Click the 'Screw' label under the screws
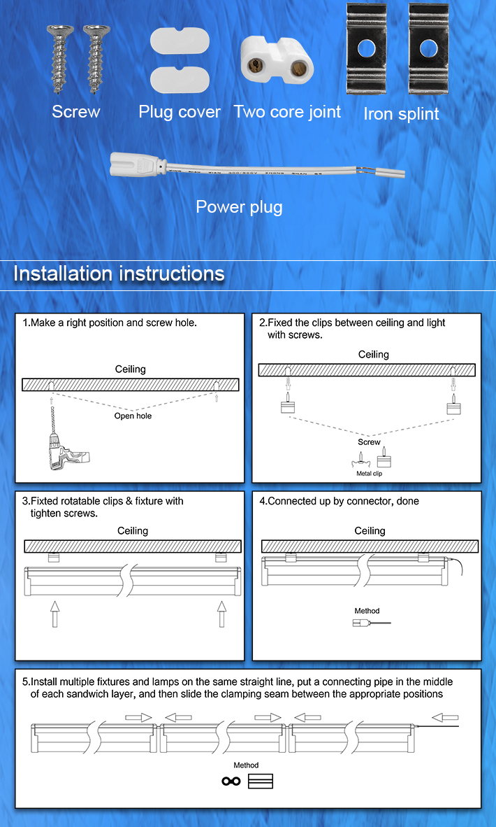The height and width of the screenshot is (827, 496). click(75, 112)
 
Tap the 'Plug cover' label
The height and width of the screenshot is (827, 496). click(180, 112)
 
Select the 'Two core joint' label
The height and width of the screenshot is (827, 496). click(287, 112)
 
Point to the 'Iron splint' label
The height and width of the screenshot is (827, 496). click(401, 114)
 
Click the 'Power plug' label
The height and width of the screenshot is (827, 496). click(239, 207)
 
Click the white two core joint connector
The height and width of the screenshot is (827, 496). click(276, 59)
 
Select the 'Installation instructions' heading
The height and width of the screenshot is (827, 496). click(119, 274)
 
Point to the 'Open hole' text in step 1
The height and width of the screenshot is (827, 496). click(133, 416)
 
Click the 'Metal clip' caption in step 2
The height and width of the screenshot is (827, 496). click(370, 474)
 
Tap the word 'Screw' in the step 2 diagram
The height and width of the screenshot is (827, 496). click(369, 442)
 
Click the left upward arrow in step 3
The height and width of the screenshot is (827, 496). click(54, 614)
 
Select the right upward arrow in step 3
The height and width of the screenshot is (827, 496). click(222, 614)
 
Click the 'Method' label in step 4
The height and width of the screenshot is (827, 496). click(367, 611)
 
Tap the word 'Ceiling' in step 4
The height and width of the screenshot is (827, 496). click(370, 531)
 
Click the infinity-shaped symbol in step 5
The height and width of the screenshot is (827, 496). click(231, 782)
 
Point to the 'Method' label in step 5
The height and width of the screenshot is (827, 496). click(246, 765)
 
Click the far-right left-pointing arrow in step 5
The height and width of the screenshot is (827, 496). click(445, 717)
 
